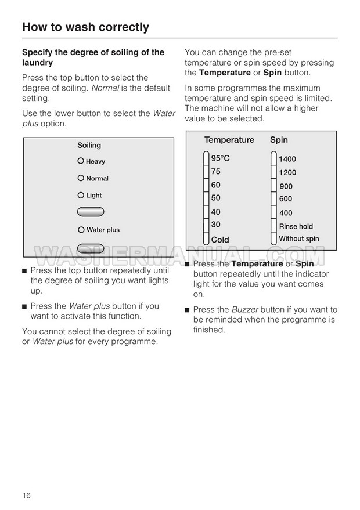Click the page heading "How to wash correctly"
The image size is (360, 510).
coord(85,27)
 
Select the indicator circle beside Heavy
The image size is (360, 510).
coord(81,161)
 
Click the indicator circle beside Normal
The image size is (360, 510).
coord(81,178)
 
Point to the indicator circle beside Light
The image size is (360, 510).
coord(81,195)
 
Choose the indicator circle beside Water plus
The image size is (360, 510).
coord(81,229)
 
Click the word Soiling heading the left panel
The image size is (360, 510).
coord(89,145)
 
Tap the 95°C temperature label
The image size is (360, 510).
coord(220,158)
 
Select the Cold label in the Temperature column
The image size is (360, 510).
coord(220,240)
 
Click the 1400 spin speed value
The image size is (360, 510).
coord(287,159)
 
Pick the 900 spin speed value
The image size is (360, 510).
coord(286,186)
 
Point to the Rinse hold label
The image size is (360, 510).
coord(296,226)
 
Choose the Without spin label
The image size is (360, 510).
coord(298,238)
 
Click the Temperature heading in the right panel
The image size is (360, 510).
coord(229,140)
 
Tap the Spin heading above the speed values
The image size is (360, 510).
coord(279,140)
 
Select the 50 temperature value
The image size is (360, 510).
coord(215,198)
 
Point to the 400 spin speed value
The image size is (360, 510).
coord(286,213)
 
